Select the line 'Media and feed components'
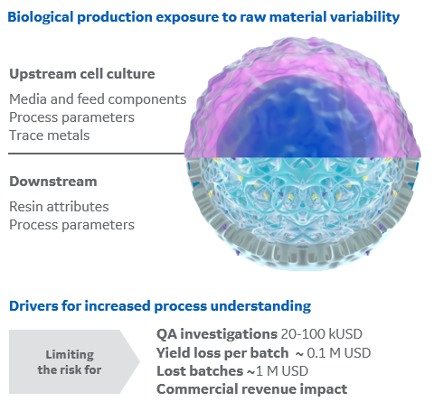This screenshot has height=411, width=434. (98, 98)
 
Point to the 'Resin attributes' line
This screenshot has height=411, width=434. (59, 207)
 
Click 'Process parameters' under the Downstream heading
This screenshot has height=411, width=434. (71, 224)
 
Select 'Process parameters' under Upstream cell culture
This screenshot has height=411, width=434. (71, 117)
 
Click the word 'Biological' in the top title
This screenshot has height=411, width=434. (42, 16)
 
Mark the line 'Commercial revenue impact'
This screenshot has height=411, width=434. (251, 389)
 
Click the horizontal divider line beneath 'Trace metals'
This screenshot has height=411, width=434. (90, 154)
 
